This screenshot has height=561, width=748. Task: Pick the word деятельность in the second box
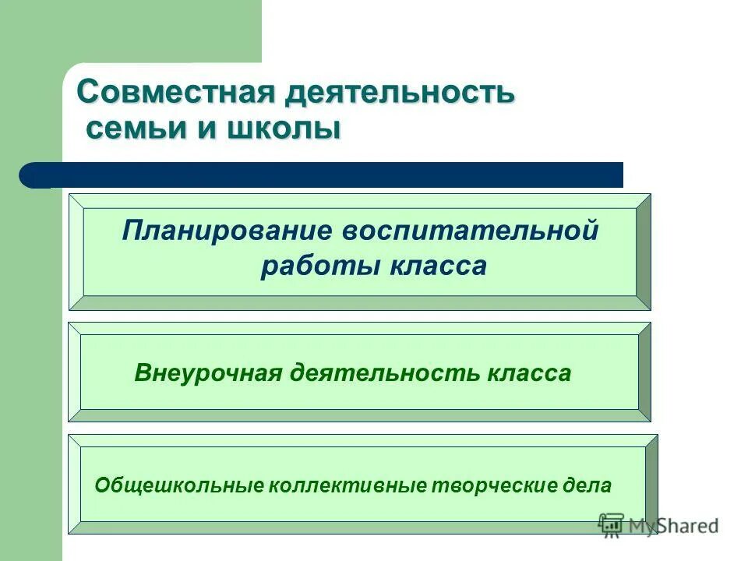[x=384, y=373]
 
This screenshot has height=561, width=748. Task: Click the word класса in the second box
[x=529, y=373]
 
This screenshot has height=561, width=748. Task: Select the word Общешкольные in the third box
[x=178, y=485]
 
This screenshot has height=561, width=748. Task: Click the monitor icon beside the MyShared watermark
[x=611, y=524]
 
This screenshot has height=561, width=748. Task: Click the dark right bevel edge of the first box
[x=644, y=252]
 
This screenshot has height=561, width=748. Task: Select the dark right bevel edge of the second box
[x=644, y=372]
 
